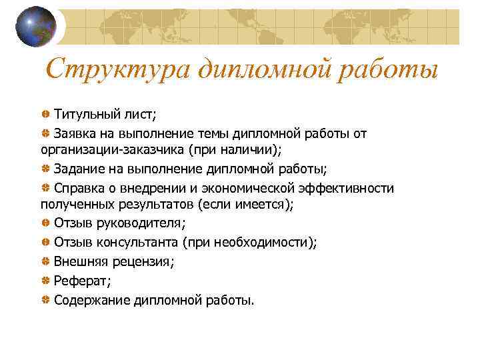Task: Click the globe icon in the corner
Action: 36,27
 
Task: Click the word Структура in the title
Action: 118,69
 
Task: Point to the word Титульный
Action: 84,114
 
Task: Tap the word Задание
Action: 78,169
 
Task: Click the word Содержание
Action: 92,300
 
